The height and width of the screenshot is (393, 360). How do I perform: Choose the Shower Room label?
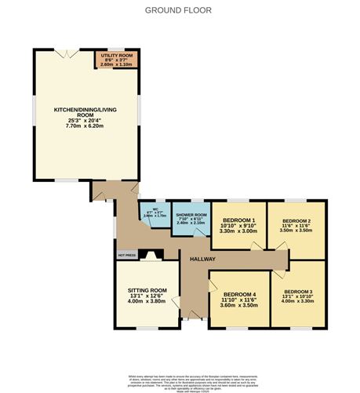(191, 215)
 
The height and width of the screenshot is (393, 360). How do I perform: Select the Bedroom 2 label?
(297, 220)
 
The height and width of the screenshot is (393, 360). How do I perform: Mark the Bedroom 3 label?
(297, 292)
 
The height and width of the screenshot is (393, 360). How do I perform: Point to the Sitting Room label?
(147, 290)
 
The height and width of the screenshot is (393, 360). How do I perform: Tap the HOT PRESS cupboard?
(127, 255)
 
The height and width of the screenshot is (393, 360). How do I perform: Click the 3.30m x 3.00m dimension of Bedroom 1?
(238, 231)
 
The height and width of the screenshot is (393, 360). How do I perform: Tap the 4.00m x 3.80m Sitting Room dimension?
(147, 302)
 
